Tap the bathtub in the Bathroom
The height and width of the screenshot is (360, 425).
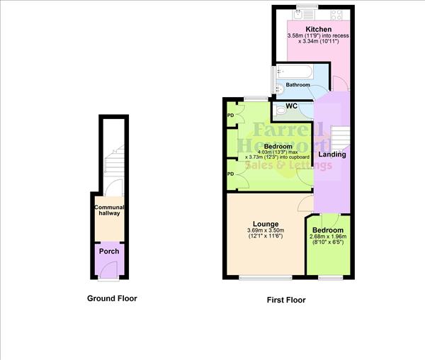coord(293,72)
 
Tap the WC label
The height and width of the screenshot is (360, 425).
coord(291,106)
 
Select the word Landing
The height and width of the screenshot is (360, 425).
coord(332,154)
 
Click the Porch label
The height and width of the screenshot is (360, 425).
coord(109,252)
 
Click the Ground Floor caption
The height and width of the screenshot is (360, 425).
coord(112,298)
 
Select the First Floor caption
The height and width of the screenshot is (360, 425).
coord(286,300)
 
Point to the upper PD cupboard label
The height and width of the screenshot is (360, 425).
coord(231,115)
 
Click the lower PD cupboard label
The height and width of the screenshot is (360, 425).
coord(231,174)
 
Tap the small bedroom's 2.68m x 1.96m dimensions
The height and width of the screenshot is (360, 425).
coord(329,238)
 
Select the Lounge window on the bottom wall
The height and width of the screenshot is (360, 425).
coord(265,277)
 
